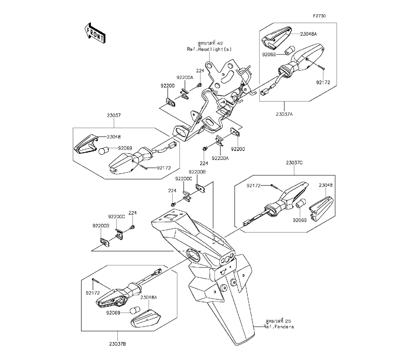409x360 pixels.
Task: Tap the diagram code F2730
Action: [x=319, y=16]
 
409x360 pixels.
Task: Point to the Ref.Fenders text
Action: [x=279, y=327]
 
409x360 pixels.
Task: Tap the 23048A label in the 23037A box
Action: [x=308, y=34]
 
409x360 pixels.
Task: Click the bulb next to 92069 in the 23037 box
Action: [x=103, y=150]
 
